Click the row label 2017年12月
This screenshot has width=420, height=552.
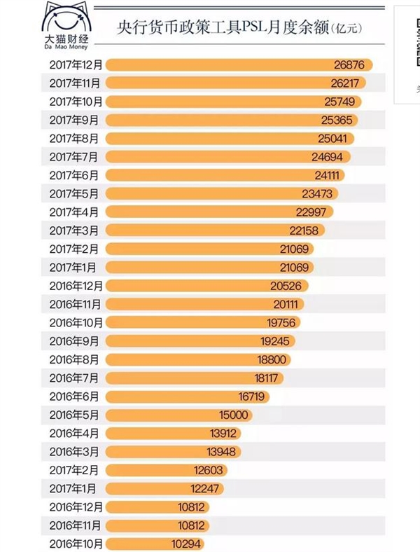click(76, 65)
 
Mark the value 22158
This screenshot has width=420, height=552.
click(304, 230)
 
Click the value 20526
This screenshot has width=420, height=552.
click(285, 285)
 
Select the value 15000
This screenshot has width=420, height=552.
click(234, 414)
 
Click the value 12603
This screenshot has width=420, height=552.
click(209, 469)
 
